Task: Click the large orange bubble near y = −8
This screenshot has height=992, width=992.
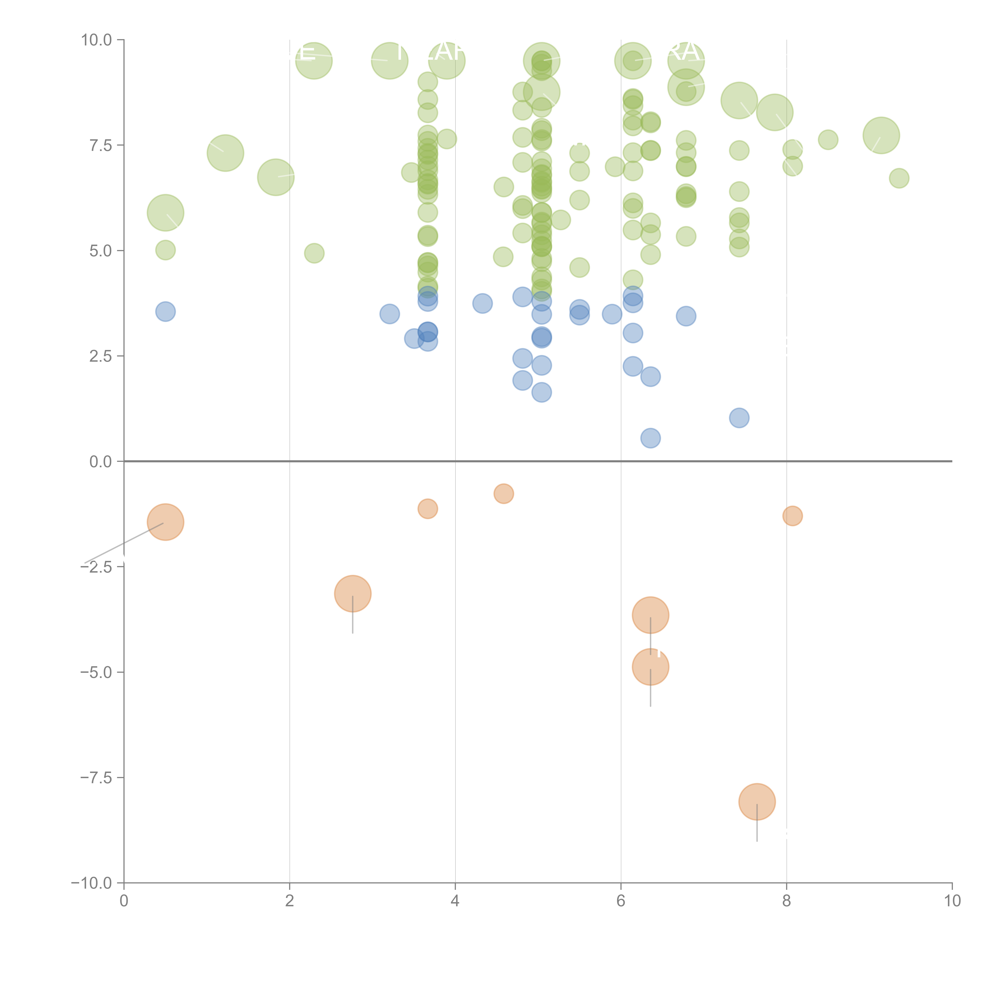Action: point(757,802)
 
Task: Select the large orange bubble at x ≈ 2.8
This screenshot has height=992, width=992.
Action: point(353,594)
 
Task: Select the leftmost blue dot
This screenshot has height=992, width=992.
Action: point(165,311)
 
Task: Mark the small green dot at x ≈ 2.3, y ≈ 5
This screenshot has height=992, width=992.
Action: point(314,253)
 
